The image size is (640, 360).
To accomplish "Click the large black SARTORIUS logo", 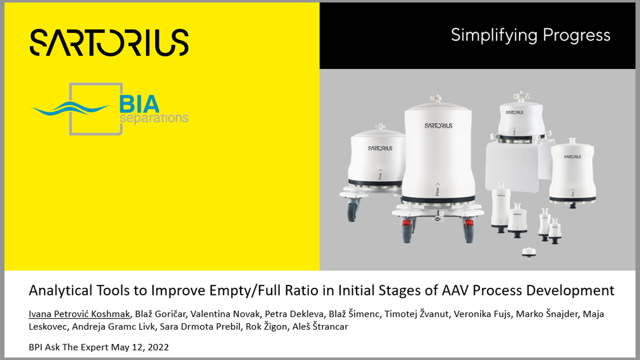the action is click(x=109, y=42).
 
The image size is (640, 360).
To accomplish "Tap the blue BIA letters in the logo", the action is click(x=139, y=104).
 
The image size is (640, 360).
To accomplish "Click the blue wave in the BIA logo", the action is click(x=70, y=108).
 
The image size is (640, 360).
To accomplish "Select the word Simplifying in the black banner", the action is click(x=494, y=36).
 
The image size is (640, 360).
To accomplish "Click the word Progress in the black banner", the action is click(x=576, y=36).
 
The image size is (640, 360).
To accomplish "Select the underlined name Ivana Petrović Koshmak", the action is click(x=79, y=314).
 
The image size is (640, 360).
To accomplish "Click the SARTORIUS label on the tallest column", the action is click(x=438, y=125).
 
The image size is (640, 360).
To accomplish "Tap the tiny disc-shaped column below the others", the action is click(x=529, y=253).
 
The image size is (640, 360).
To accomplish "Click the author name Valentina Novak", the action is click(x=225, y=314).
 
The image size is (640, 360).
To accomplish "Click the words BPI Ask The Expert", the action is click(x=69, y=347).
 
